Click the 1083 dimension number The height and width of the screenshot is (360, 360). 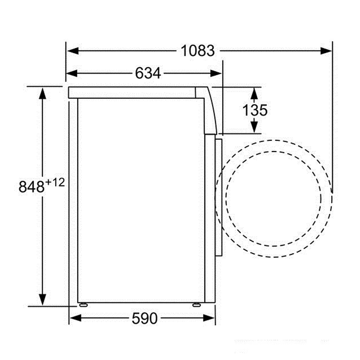coord(197,51)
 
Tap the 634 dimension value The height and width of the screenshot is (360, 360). coord(148,73)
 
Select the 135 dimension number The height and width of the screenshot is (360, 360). coord(255,110)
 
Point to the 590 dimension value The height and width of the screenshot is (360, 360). coord(145,318)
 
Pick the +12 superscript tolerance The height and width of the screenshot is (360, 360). coord(55,183)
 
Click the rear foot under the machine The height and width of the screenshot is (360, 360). coord(83,305)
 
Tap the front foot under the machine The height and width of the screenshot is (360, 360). coord(197,305)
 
